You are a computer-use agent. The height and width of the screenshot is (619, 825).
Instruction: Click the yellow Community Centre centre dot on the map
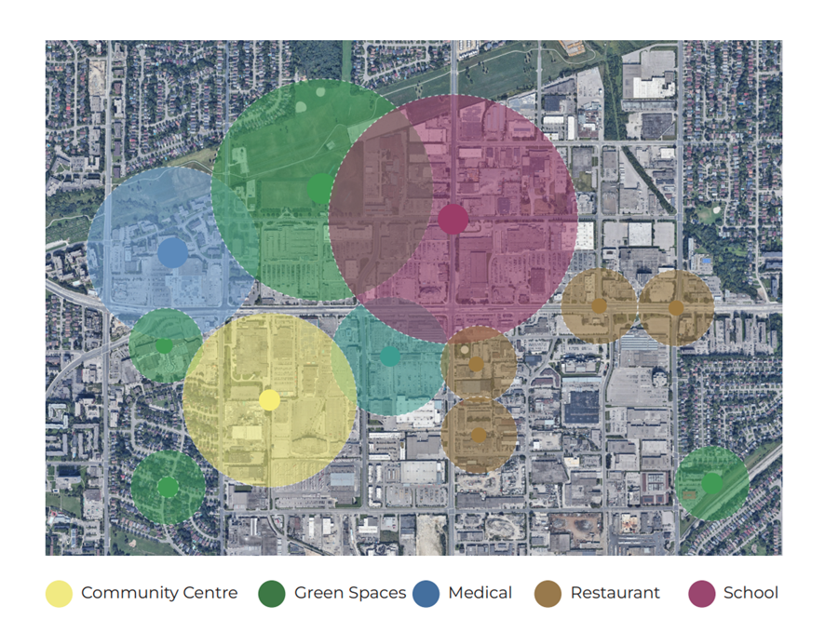(269, 400)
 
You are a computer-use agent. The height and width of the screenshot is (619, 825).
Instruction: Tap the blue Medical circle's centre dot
(172, 252)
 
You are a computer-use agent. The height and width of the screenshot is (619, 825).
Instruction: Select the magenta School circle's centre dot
(453, 220)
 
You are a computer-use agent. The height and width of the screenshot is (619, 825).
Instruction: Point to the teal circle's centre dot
(390, 356)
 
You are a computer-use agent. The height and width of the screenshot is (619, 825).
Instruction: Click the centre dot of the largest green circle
(319, 188)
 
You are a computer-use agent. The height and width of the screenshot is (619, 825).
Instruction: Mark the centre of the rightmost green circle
(711, 483)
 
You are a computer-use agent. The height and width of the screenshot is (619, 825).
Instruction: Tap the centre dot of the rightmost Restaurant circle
(676, 308)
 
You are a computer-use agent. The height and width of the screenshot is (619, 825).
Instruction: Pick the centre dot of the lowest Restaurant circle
(479, 435)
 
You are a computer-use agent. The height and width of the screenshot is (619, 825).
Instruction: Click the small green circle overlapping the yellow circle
(165, 345)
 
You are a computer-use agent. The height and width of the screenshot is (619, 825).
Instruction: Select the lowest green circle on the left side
(168, 487)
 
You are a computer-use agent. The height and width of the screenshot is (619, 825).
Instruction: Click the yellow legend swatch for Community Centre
(60, 594)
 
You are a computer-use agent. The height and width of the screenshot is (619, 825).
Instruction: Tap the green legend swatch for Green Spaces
(272, 594)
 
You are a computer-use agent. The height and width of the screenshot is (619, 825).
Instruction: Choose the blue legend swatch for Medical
(426, 594)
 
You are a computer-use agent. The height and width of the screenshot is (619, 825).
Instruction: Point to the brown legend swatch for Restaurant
(548, 594)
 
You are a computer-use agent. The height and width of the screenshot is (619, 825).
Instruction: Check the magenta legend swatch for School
(702, 594)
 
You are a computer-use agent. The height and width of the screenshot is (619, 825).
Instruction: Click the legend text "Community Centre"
(159, 593)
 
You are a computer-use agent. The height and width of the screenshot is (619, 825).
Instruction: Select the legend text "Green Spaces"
(350, 593)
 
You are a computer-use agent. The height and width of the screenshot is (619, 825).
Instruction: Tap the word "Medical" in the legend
(480, 593)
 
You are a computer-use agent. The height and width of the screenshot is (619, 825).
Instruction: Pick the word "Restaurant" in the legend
(615, 593)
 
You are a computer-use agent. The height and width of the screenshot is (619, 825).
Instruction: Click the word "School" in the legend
(751, 593)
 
